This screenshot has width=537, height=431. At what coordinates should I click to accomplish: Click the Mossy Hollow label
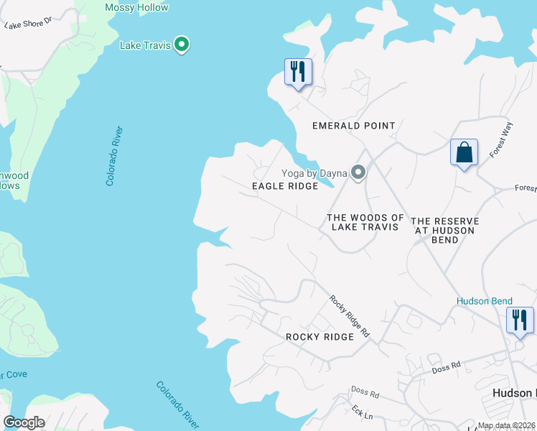pyautogui.click(x=136, y=8)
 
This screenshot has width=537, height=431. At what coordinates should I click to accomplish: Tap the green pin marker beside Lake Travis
pyautogui.click(x=182, y=45)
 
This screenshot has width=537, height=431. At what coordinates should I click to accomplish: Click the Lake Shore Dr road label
pyautogui.click(x=29, y=24)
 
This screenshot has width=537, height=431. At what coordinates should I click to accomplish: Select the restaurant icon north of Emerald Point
pyautogui.click(x=298, y=71)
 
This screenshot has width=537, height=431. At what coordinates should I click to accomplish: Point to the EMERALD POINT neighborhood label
pyautogui.click(x=353, y=126)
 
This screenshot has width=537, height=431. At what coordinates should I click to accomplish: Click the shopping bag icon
pyautogui.click(x=464, y=152)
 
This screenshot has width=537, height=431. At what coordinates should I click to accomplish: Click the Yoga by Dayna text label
pyautogui.click(x=314, y=173)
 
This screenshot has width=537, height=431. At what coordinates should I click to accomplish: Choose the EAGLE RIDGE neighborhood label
pyautogui.click(x=285, y=186)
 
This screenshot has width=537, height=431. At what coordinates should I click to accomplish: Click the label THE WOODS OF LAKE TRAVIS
pyautogui.click(x=365, y=222)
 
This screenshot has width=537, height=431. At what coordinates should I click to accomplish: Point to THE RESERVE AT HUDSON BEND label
pyautogui.click(x=444, y=230)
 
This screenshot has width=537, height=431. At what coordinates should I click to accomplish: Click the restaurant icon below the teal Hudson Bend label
pyautogui.click(x=520, y=320)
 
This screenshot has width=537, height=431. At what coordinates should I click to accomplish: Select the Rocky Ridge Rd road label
pyautogui.click(x=350, y=317)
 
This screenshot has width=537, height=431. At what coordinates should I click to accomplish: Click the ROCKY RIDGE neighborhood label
pyautogui.click(x=319, y=337)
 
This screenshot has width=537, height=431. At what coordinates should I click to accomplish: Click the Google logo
pyautogui.click(x=24, y=422)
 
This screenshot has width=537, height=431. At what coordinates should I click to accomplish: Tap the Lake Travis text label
pyautogui.click(x=145, y=46)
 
